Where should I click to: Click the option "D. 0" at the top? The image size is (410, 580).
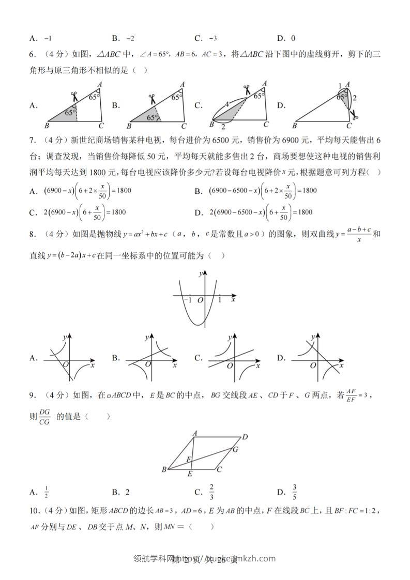click(286, 38)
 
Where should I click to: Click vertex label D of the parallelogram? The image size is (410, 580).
click(245, 437)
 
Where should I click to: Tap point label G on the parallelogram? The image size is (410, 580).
click(235, 450)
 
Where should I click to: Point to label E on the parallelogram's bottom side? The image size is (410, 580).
click(190, 474)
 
